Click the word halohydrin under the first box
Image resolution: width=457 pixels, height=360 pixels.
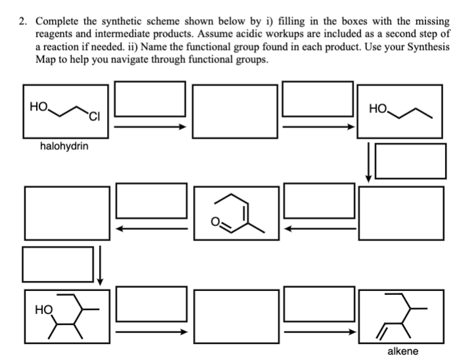click(64, 146)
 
